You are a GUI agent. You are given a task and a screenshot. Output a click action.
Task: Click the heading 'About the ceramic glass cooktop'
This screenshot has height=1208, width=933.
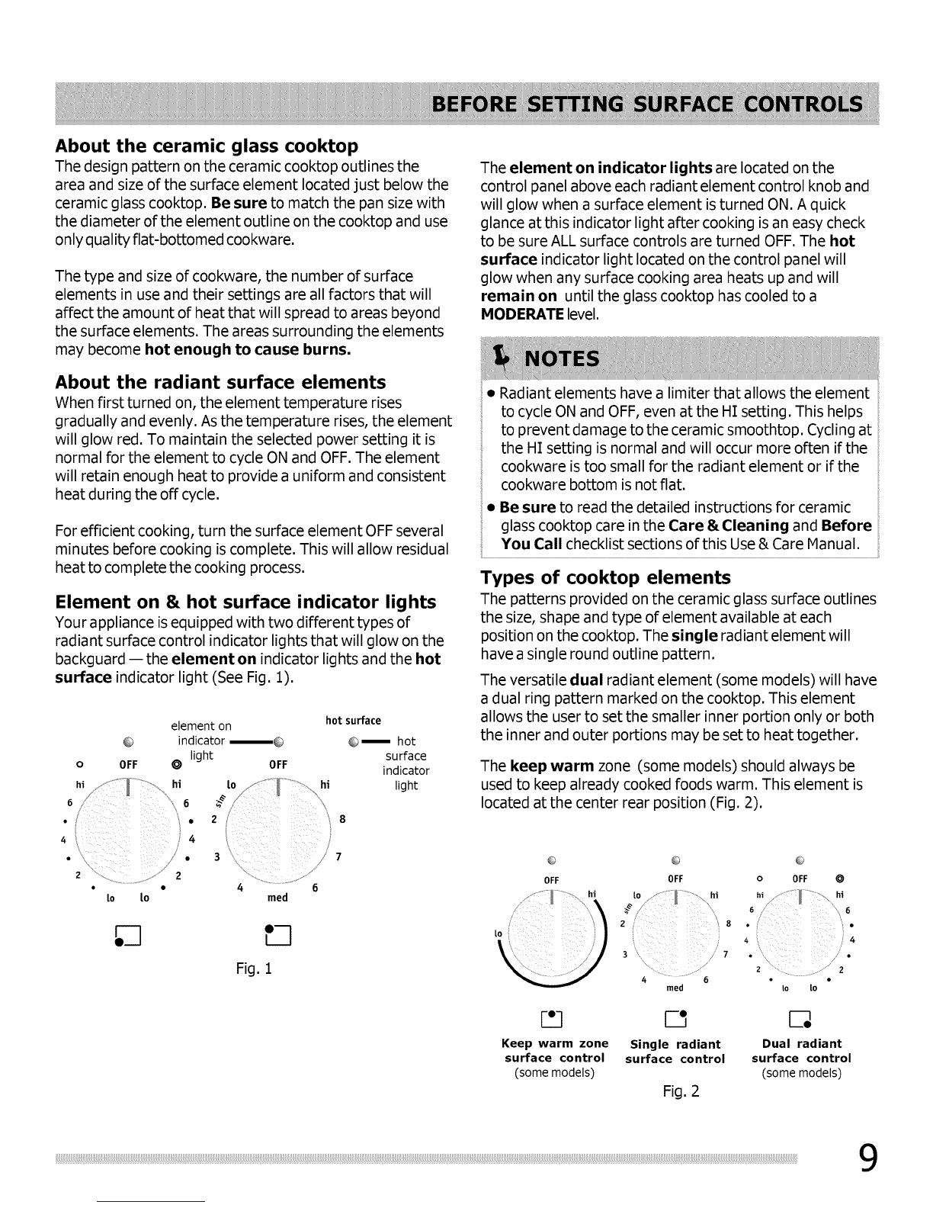pyautogui.click(x=206, y=146)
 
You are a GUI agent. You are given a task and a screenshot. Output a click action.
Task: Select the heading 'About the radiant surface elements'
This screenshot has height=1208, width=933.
pyautogui.click(x=220, y=382)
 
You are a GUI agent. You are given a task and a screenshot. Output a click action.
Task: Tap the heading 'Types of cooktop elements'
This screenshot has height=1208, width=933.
pyautogui.click(x=605, y=577)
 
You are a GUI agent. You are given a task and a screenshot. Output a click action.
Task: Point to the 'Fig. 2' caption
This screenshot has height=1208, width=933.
pyautogui.click(x=681, y=1091)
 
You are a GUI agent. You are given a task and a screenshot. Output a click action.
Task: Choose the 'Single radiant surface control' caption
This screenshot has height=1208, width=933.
pyautogui.click(x=675, y=1052)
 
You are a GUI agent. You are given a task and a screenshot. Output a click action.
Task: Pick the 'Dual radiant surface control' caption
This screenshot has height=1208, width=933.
pyautogui.click(x=801, y=1051)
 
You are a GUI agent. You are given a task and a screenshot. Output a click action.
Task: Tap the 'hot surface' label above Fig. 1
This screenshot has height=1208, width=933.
pyautogui.click(x=353, y=721)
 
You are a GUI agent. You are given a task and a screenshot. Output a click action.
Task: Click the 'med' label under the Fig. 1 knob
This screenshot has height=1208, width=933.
pyautogui.click(x=277, y=898)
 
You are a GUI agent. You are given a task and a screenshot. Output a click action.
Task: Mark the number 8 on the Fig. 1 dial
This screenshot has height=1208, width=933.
pyautogui.click(x=342, y=820)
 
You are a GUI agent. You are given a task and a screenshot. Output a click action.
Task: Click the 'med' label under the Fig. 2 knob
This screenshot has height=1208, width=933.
pyautogui.click(x=675, y=988)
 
